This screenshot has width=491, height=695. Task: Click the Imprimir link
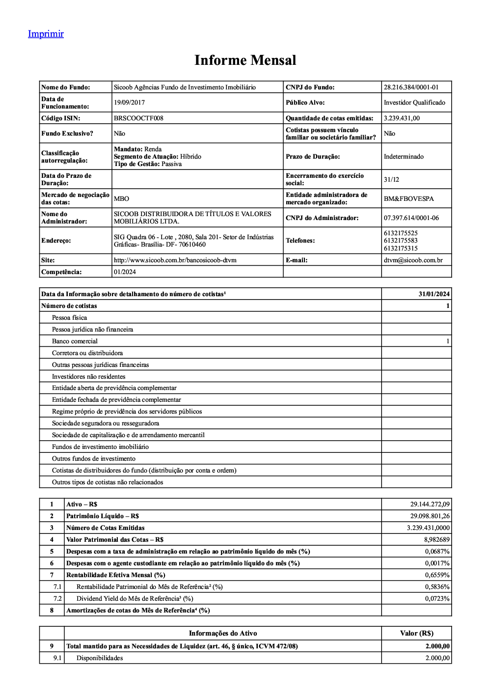click(x=46, y=34)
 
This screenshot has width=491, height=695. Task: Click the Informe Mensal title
click(x=245, y=60)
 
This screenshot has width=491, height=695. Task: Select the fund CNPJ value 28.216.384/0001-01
click(x=411, y=87)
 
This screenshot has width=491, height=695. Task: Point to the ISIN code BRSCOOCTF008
click(x=138, y=118)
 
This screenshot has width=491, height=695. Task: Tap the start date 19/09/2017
click(x=129, y=103)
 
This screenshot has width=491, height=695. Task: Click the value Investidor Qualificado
click(x=414, y=103)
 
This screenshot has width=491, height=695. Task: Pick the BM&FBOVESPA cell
click(x=409, y=199)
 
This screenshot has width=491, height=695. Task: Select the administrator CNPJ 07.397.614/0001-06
click(x=411, y=218)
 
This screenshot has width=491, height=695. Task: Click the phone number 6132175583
click(x=401, y=241)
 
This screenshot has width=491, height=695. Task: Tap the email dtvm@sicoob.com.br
click(x=413, y=260)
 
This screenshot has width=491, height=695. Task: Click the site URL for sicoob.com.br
click(x=175, y=260)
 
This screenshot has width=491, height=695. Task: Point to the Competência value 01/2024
click(x=125, y=272)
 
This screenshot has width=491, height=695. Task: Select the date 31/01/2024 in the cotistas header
click(x=434, y=294)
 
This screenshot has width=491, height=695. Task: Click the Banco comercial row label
click(x=75, y=341)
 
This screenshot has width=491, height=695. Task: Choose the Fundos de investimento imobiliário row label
click(x=100, y=447)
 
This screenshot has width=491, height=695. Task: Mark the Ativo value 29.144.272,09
click(x=430, y=504)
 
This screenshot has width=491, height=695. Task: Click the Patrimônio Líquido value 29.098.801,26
click(x=430, y=516)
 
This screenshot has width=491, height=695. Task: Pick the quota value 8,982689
click(x=436, y=540)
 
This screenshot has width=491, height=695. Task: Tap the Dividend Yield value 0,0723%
click(x=437, y=599)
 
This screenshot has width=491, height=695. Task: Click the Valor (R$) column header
click(x=416, y=634)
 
